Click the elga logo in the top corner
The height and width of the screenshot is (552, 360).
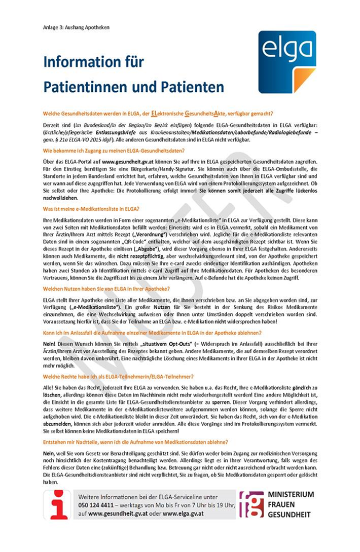click(x=286, y=62)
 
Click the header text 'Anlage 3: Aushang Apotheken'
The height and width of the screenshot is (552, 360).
click(x=76, y=27)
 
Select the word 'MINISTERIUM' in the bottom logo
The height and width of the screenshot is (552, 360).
click(x=291, y=494)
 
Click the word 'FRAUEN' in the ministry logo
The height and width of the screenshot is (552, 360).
click(x=282, y=504)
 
